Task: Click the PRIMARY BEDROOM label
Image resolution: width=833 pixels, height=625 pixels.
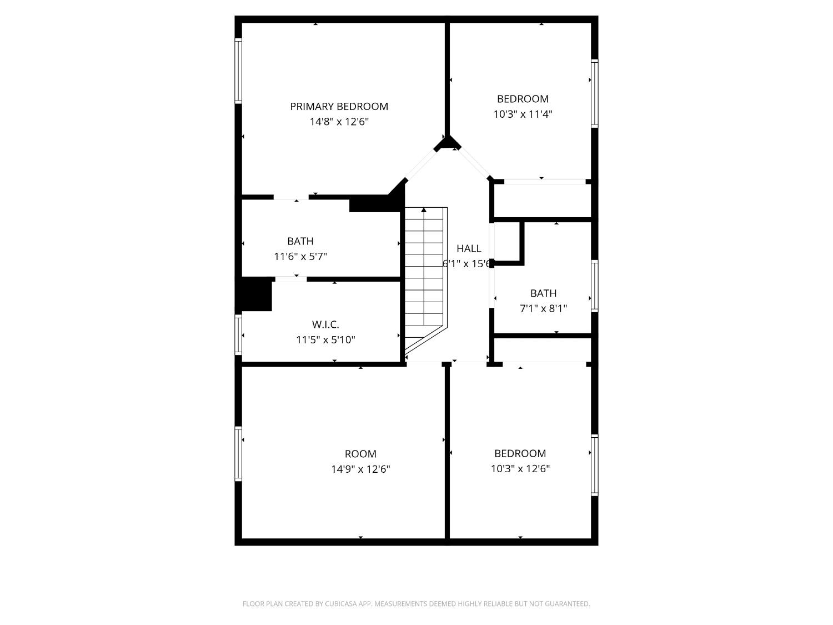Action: coord(339,106)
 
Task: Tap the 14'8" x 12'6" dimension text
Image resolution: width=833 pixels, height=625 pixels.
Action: coord(339,122)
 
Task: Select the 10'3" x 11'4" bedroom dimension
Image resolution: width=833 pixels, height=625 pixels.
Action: coord(523,114)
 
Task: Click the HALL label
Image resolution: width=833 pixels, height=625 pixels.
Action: coord(469,248)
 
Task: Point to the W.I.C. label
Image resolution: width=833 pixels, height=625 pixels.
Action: coord(325,324)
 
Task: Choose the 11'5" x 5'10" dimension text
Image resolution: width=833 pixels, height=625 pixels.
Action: coord(325,339)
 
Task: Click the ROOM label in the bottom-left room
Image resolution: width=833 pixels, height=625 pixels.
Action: coord(360,454)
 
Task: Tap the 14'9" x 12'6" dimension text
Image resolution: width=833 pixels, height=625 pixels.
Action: coord(360,469)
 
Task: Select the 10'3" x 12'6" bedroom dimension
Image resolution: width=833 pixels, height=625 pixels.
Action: coord(520,469)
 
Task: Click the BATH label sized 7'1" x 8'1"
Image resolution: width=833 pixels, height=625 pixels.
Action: coord(543,293)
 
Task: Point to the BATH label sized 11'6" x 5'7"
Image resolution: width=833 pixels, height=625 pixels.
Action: coord(300,241)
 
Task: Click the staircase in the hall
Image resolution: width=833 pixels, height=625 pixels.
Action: coord(425,278)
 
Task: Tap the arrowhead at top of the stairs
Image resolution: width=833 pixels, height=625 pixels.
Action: coord(424,210)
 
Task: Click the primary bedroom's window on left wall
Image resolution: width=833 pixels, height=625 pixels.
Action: coord(238,71)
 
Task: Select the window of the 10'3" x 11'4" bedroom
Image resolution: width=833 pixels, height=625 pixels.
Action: coord(594,93)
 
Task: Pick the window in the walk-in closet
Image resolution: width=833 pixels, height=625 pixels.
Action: coord(238,334)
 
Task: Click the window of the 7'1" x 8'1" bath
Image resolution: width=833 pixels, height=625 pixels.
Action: coord(594,286)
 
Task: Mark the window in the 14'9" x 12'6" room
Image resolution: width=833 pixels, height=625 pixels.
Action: coord(238,453)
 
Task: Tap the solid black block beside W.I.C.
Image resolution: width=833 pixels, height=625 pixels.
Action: coord(255,294)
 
